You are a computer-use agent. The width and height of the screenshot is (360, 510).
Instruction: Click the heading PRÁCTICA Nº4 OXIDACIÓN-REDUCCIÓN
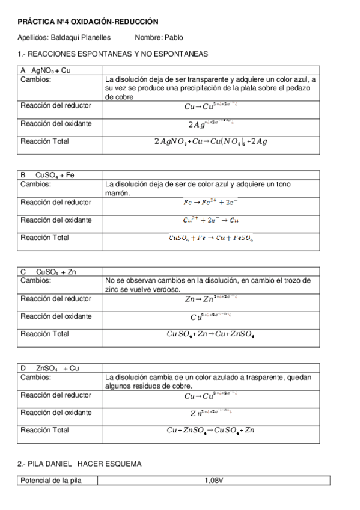coord(88,22)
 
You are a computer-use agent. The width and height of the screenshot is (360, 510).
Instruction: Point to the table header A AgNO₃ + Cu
coord(46,70)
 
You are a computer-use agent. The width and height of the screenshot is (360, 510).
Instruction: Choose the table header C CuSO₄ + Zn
coord(48,272)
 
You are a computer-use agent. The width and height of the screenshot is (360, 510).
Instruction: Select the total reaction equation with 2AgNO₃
coord(211,142)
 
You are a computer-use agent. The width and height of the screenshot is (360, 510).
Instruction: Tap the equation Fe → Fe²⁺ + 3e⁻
coord(210,203)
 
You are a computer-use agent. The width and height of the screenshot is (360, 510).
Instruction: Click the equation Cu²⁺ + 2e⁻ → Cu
coord(211,220)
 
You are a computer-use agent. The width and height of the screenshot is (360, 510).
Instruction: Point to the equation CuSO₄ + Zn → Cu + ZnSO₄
coord(211,335)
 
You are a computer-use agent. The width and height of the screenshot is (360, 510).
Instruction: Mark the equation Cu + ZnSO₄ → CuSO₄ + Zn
coord(211,431)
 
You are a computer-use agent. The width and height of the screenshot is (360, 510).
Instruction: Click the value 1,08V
coord(213,480)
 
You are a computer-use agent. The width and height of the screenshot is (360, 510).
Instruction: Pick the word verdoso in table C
coord(169,289)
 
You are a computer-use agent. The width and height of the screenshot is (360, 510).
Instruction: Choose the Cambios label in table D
coord(35,377)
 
